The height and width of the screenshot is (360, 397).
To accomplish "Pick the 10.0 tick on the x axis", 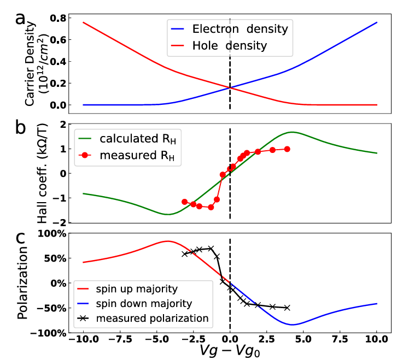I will pyautogui.click(x=377, y=346).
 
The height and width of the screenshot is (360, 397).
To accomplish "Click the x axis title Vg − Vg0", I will pyautogui.click(x=229, y=353).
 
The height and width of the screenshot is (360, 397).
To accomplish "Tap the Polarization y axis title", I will pyautogui.click(x=23, y=284).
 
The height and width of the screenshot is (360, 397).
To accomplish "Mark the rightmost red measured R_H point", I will pyautogui.click(x=287, y=149).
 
